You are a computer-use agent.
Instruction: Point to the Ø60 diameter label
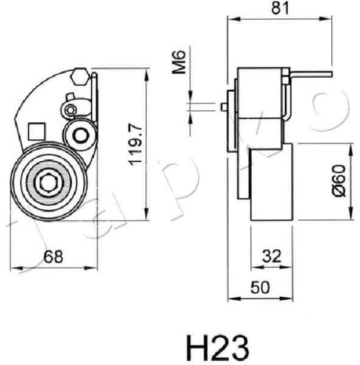point(339,181)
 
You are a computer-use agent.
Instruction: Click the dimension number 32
point(272,257)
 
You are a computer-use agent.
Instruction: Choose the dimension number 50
point(260,288)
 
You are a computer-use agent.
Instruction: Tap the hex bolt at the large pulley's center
point(49,182)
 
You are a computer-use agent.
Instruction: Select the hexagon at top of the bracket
point(77,78)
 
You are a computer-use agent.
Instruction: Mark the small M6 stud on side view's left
point(224,107)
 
